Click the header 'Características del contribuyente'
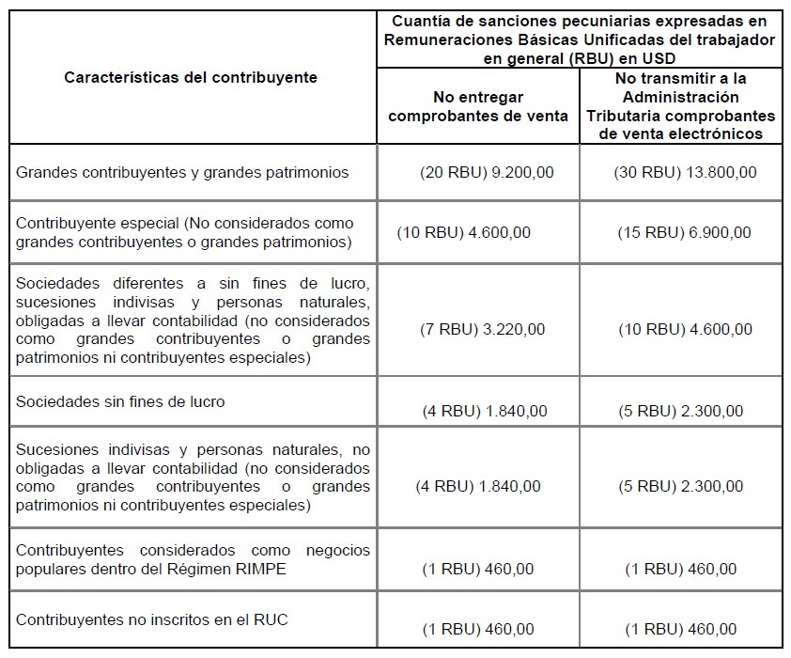click(x=191, y=77)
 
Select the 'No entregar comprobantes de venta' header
click(x=478, y=106)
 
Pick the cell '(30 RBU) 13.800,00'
click(x=685, y=173)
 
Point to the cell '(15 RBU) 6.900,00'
click(x=684, y=232)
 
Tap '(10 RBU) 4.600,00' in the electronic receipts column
click(x=685, y=329)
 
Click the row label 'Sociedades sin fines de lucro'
click(x=120, y=401)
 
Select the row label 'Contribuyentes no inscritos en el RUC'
click(x=152, y=619)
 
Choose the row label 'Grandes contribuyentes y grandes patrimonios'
click(x=182, y=173)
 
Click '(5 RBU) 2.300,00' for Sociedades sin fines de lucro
click(x=684, y=411)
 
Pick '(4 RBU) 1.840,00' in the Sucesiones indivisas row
click(x=478, y=486)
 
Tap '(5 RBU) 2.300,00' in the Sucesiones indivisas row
click(x=684, y=486)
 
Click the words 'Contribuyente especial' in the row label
click(x=97, y=224)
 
